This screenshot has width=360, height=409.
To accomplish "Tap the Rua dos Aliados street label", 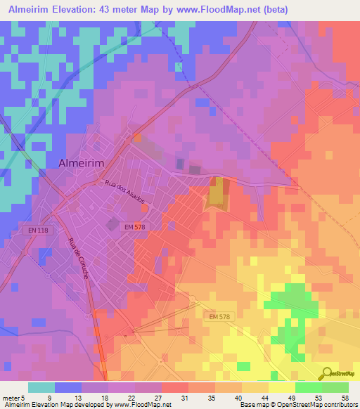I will (x=124, y=190).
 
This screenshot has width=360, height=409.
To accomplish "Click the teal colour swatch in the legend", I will (x=41, y=387).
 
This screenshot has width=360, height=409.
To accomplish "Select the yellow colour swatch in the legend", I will (x=281, y=387).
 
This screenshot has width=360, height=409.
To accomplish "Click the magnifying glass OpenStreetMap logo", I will (x=326, y=374).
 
